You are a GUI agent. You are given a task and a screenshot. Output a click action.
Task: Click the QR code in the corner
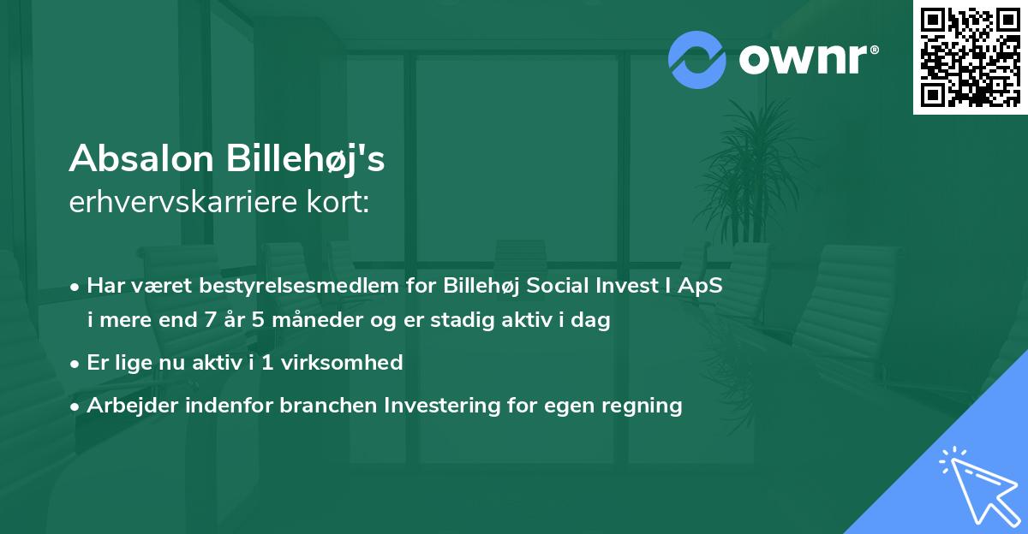pyautogui.click(x=971, y=57)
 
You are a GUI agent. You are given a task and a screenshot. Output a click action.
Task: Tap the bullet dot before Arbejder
pyautogui.click(x=76, y=406)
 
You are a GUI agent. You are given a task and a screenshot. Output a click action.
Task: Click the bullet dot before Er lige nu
pyautogui.click(x=76, y=363)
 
